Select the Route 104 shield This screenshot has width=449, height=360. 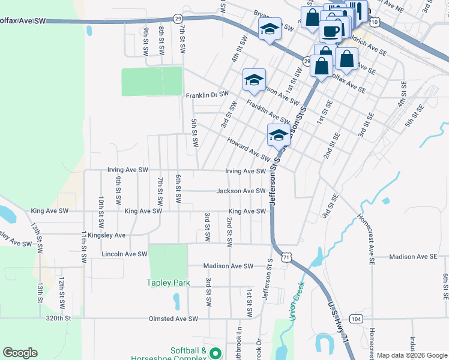tap(357, 319)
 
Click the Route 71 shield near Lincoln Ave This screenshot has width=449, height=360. tap(289, 256)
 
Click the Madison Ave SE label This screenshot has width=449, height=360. tap(413, 256)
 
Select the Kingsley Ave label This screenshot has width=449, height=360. tap(106, 235)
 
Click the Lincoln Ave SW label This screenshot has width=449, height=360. tap(124, 254)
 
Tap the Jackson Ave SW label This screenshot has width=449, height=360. tap(241, 191)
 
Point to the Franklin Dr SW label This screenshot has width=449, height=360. tap(207, 95)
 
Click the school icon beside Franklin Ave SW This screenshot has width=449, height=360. tap(254, 80)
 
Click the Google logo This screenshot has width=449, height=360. tap(20, 353)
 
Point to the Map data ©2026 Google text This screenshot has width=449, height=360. tap(412, 355)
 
